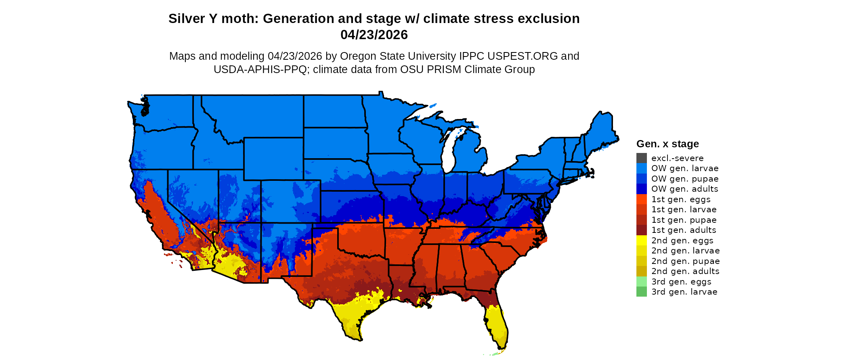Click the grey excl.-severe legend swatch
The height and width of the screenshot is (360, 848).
641,158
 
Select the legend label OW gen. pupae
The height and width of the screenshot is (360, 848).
685,179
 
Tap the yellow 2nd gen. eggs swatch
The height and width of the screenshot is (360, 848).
641,241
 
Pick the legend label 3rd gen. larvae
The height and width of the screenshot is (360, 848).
684,292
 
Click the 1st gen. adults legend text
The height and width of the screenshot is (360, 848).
684,230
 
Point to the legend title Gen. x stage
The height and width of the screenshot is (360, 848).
667,144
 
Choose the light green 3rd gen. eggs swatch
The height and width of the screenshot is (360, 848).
641,282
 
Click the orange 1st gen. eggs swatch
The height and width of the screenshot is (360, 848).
641,199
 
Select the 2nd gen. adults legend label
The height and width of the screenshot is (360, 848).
685,271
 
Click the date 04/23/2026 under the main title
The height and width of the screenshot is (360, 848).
374,35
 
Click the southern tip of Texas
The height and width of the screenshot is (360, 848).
355,333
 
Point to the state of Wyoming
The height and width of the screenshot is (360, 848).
273,159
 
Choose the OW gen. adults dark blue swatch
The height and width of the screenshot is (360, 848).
641,189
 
